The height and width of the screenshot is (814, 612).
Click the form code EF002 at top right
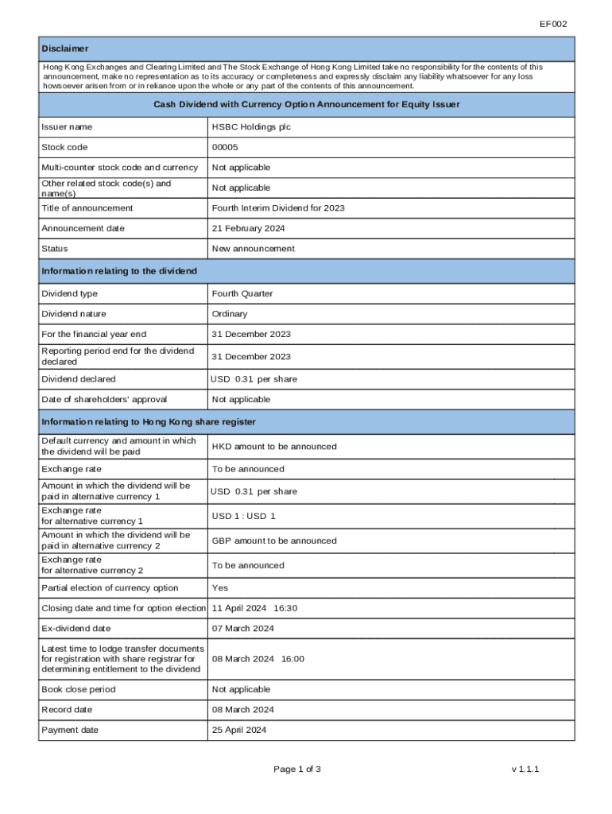pos(553,24)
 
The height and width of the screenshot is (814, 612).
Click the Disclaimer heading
pos(65,49)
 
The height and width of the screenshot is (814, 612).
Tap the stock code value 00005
pos(225,147)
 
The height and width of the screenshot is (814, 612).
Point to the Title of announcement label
pos(87,208)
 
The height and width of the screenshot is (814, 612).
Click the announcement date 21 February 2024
pos(248,229)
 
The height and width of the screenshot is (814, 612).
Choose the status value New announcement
pos(253,249)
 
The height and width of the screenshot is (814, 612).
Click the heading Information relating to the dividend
pos(119,272)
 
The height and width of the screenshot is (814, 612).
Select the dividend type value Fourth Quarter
pos(242,294)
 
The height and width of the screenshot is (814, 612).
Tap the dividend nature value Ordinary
pos(230,314)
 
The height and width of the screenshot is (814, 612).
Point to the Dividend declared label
pos(78,379)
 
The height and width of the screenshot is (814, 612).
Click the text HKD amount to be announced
pos(274,447)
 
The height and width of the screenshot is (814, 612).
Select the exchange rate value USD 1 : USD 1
pos(243,516)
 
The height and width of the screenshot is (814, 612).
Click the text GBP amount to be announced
pos(274,541)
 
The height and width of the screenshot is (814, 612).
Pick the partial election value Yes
pos(220,588)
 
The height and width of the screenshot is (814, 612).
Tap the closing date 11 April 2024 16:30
pos(254,608)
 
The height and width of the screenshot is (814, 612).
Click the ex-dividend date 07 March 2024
pos(242,629)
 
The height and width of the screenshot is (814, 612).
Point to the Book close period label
pos(78,689)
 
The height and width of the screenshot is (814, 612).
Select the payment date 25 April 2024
pos(239,730)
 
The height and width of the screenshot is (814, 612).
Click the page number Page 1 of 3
pos(297,769)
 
